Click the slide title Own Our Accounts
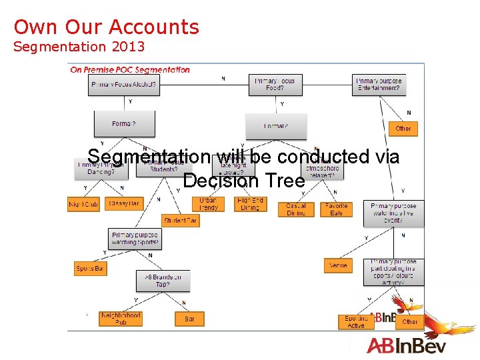coord(107,27)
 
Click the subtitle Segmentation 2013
coord(79,47)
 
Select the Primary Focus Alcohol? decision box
coord(123,85)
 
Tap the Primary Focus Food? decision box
coord(275,85)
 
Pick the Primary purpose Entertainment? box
coord(379,85)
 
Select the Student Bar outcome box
coord(181,221)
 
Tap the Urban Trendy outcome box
coord(208,204)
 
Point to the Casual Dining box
coord(296,209)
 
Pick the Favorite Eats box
coord(336,209)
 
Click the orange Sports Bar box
coord(90,269)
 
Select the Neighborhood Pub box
coord(121,319)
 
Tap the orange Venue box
coord(338,265)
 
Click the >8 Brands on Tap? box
coord(163,281)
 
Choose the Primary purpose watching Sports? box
coord(135,239)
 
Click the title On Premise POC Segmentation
coord(130,69)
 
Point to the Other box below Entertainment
coord(403,128)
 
